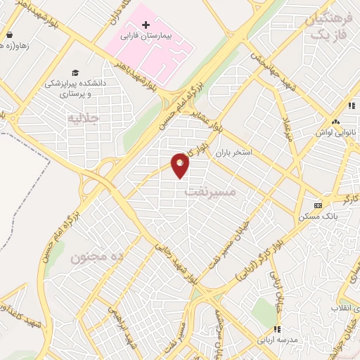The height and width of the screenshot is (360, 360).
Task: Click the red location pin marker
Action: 181,166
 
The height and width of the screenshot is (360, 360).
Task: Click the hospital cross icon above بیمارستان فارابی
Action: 146,25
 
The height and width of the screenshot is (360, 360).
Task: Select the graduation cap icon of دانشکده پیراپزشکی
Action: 75,72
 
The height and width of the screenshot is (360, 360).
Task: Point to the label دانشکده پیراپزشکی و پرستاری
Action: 75,87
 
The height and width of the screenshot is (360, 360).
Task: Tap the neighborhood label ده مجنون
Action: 96,257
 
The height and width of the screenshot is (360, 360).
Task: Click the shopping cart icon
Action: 9,34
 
